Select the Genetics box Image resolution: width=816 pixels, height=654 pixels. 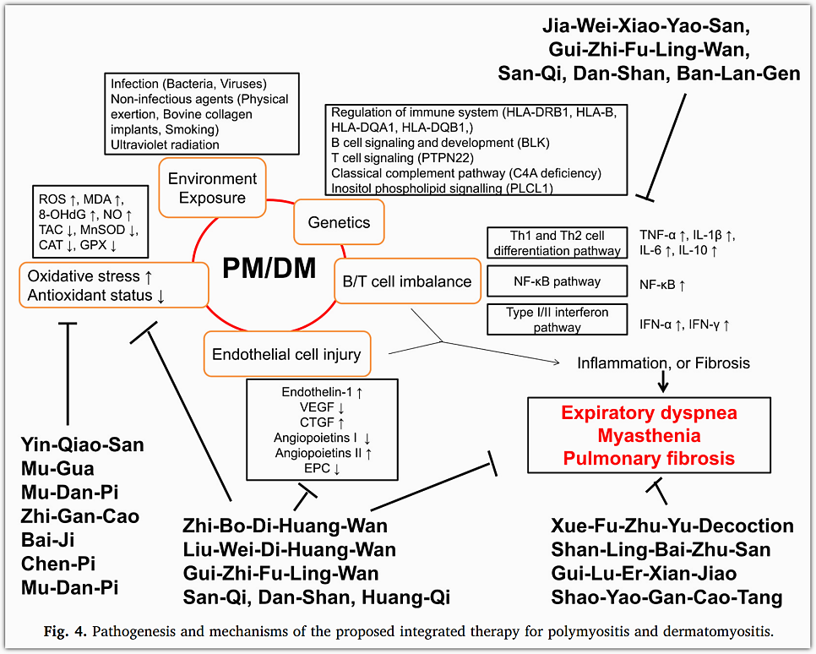[338, 222]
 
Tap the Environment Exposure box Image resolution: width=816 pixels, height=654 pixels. [212, 188]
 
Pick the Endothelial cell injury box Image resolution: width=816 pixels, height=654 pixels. [287, 355]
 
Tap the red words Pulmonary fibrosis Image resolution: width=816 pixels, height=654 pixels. [649, 459]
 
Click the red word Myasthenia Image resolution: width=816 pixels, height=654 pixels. [649, 436]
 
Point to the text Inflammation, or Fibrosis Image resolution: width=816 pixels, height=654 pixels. [663, 362]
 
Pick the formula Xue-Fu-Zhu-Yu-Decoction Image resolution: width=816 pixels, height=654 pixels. [672, 526]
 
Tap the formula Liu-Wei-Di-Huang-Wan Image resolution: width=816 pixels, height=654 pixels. [290, 550]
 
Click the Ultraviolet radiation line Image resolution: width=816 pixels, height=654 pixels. [165, 144]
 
